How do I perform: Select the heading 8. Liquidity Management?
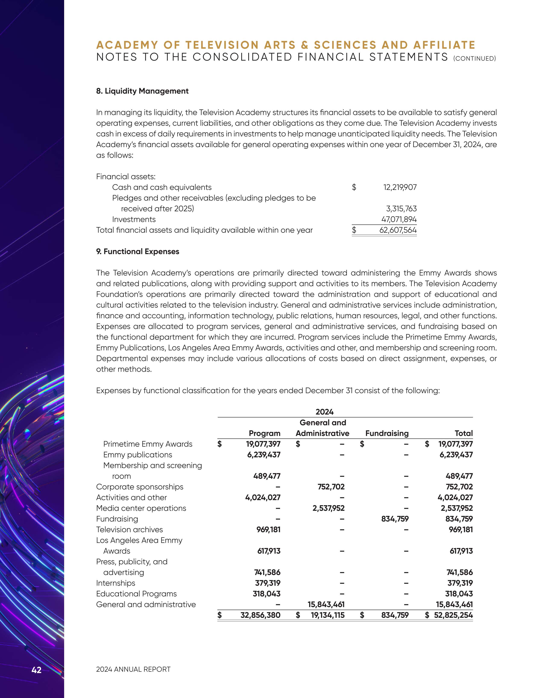tap(142, 91)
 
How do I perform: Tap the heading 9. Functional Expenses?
tap(138, 251)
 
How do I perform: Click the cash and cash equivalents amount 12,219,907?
tap(400, 187)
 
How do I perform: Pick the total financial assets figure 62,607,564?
tap(398, 230)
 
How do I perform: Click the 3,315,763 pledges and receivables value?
tap(401, 209)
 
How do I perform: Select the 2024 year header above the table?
tap(324, 412)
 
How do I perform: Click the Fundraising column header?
tap(387, 433)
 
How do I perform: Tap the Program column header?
tap(264, 433)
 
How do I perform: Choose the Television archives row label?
tap(129, 530)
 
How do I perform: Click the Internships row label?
tap(116, 583)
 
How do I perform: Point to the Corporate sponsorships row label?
tap(140, 487)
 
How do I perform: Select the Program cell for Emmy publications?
tap(264, 455)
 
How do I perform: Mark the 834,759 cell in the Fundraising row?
tap(395, 519)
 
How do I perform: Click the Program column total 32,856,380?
tap(260, 615)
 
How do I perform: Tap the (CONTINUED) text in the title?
tap(474, 58)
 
